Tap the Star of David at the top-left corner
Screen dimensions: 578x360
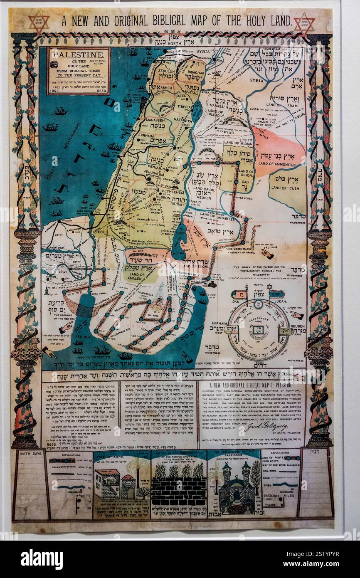click(x=39, y=23)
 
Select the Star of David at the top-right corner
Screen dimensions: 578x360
click(x=304, y=23)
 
